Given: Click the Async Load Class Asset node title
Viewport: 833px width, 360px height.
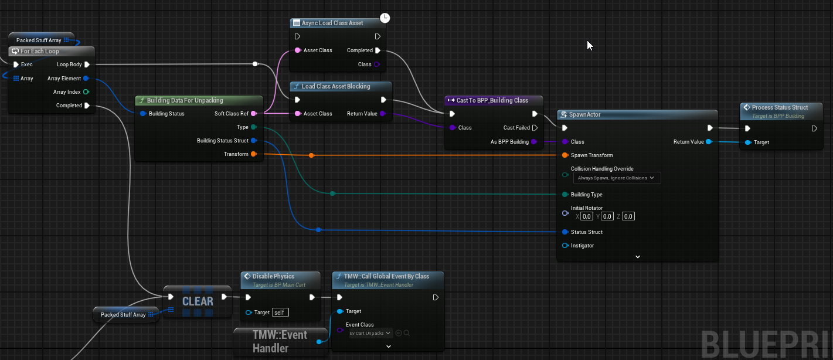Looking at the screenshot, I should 332,23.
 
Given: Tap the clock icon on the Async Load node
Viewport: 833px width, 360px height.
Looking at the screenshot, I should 385,18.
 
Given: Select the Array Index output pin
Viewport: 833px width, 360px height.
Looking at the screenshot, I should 86,92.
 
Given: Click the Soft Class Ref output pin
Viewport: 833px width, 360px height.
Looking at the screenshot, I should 254,114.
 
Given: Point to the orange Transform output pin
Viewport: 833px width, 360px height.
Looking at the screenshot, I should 253,154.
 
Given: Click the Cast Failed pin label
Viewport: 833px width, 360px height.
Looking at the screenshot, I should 516,128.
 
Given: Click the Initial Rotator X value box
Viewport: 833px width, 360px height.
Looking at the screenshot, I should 587,216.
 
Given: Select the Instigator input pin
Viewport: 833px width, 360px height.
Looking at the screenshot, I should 565,246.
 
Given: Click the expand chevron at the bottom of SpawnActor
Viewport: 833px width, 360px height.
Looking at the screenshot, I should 638,256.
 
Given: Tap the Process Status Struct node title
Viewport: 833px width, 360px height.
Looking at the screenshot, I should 780,107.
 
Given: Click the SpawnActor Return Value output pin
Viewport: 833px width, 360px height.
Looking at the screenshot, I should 709,142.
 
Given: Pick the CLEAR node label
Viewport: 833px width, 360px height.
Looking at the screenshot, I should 198,301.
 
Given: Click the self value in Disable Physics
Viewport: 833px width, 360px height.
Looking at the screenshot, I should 280,313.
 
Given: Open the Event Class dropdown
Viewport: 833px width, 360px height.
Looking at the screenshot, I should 370,333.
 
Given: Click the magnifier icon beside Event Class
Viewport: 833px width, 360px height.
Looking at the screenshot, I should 406,333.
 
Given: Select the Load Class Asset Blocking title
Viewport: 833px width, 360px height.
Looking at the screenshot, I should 335,86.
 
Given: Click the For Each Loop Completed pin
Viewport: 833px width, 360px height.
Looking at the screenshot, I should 87,106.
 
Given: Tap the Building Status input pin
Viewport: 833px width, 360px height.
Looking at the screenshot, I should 143,114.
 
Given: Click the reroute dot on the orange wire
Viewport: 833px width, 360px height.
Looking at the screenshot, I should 311,155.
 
